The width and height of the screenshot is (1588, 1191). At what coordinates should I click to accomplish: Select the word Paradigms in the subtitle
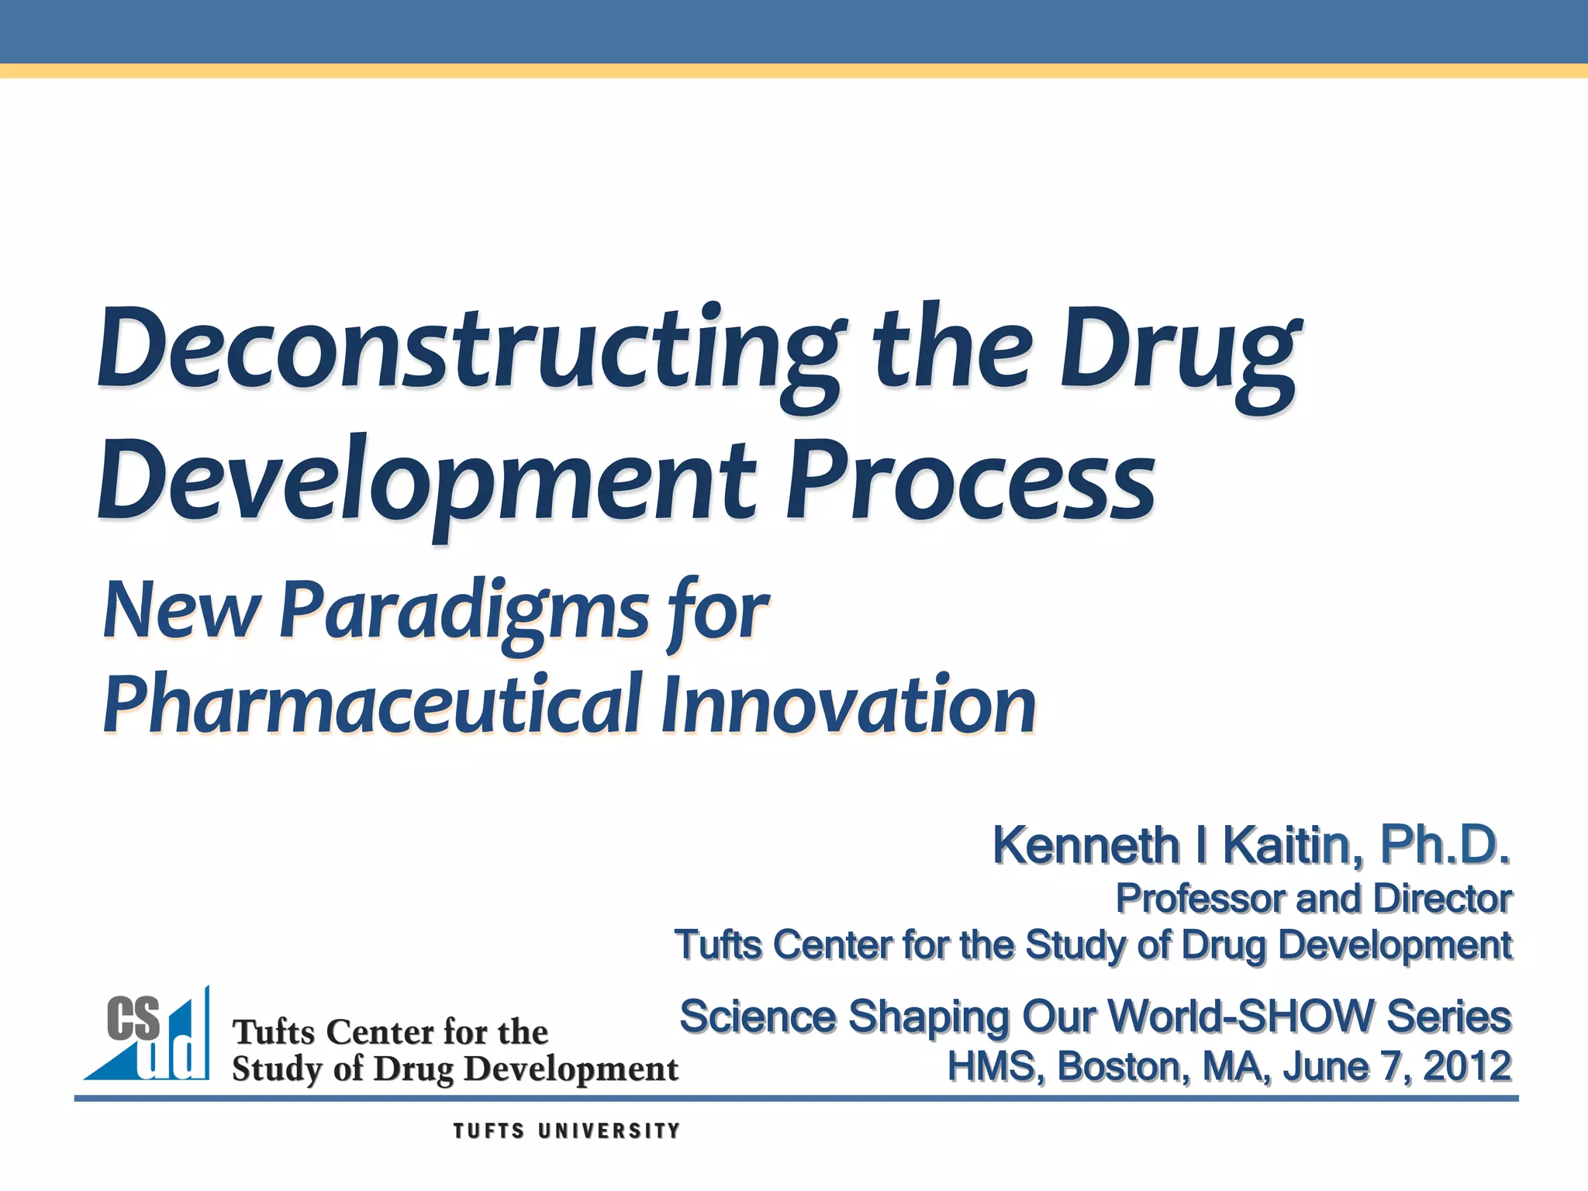pos(464,613)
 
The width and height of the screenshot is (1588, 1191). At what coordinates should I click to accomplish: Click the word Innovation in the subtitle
pos(849,704)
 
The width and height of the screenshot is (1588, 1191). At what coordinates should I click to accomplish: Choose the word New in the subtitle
pos(180,613)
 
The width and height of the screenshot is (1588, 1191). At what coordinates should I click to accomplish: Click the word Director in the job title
pos(1442,899)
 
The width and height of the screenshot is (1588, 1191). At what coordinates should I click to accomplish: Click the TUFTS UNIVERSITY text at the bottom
pos(567,1131)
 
